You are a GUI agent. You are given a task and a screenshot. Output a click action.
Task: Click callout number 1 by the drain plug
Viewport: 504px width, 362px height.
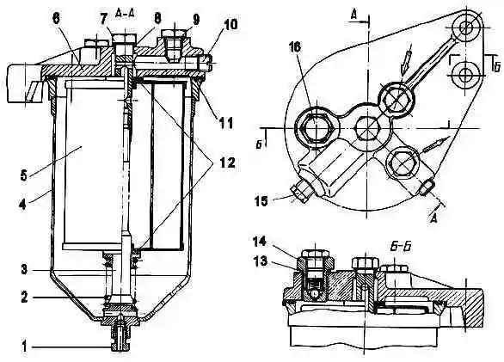[23, 347]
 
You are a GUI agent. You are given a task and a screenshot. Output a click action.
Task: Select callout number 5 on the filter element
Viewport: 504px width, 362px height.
[23, 176]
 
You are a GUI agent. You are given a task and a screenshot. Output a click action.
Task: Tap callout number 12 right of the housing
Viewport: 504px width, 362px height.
[227, 163]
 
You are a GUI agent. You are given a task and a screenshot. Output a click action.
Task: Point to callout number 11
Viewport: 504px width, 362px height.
[225, 124]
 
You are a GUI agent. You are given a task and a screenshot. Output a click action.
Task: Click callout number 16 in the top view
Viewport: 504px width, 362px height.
[295, 47]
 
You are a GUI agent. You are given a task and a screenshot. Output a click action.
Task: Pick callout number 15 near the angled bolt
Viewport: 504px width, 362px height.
[261, 201]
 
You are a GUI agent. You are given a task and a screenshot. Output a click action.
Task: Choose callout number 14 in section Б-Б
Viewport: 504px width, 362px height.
[260, 242]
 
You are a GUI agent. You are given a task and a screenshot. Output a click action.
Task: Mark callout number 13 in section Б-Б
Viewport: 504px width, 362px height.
[260, 261]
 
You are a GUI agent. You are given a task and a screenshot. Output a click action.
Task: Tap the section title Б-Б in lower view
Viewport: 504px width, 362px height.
[401, 248]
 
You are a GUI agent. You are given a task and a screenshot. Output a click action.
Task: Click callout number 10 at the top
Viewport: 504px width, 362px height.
[230, 24]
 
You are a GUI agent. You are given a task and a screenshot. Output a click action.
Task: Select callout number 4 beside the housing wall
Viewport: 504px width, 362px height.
[22, 204]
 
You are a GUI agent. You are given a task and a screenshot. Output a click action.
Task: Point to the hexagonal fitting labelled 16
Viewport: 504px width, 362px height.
[317, 127]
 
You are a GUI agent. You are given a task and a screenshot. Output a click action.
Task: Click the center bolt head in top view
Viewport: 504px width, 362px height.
[367, 128]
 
